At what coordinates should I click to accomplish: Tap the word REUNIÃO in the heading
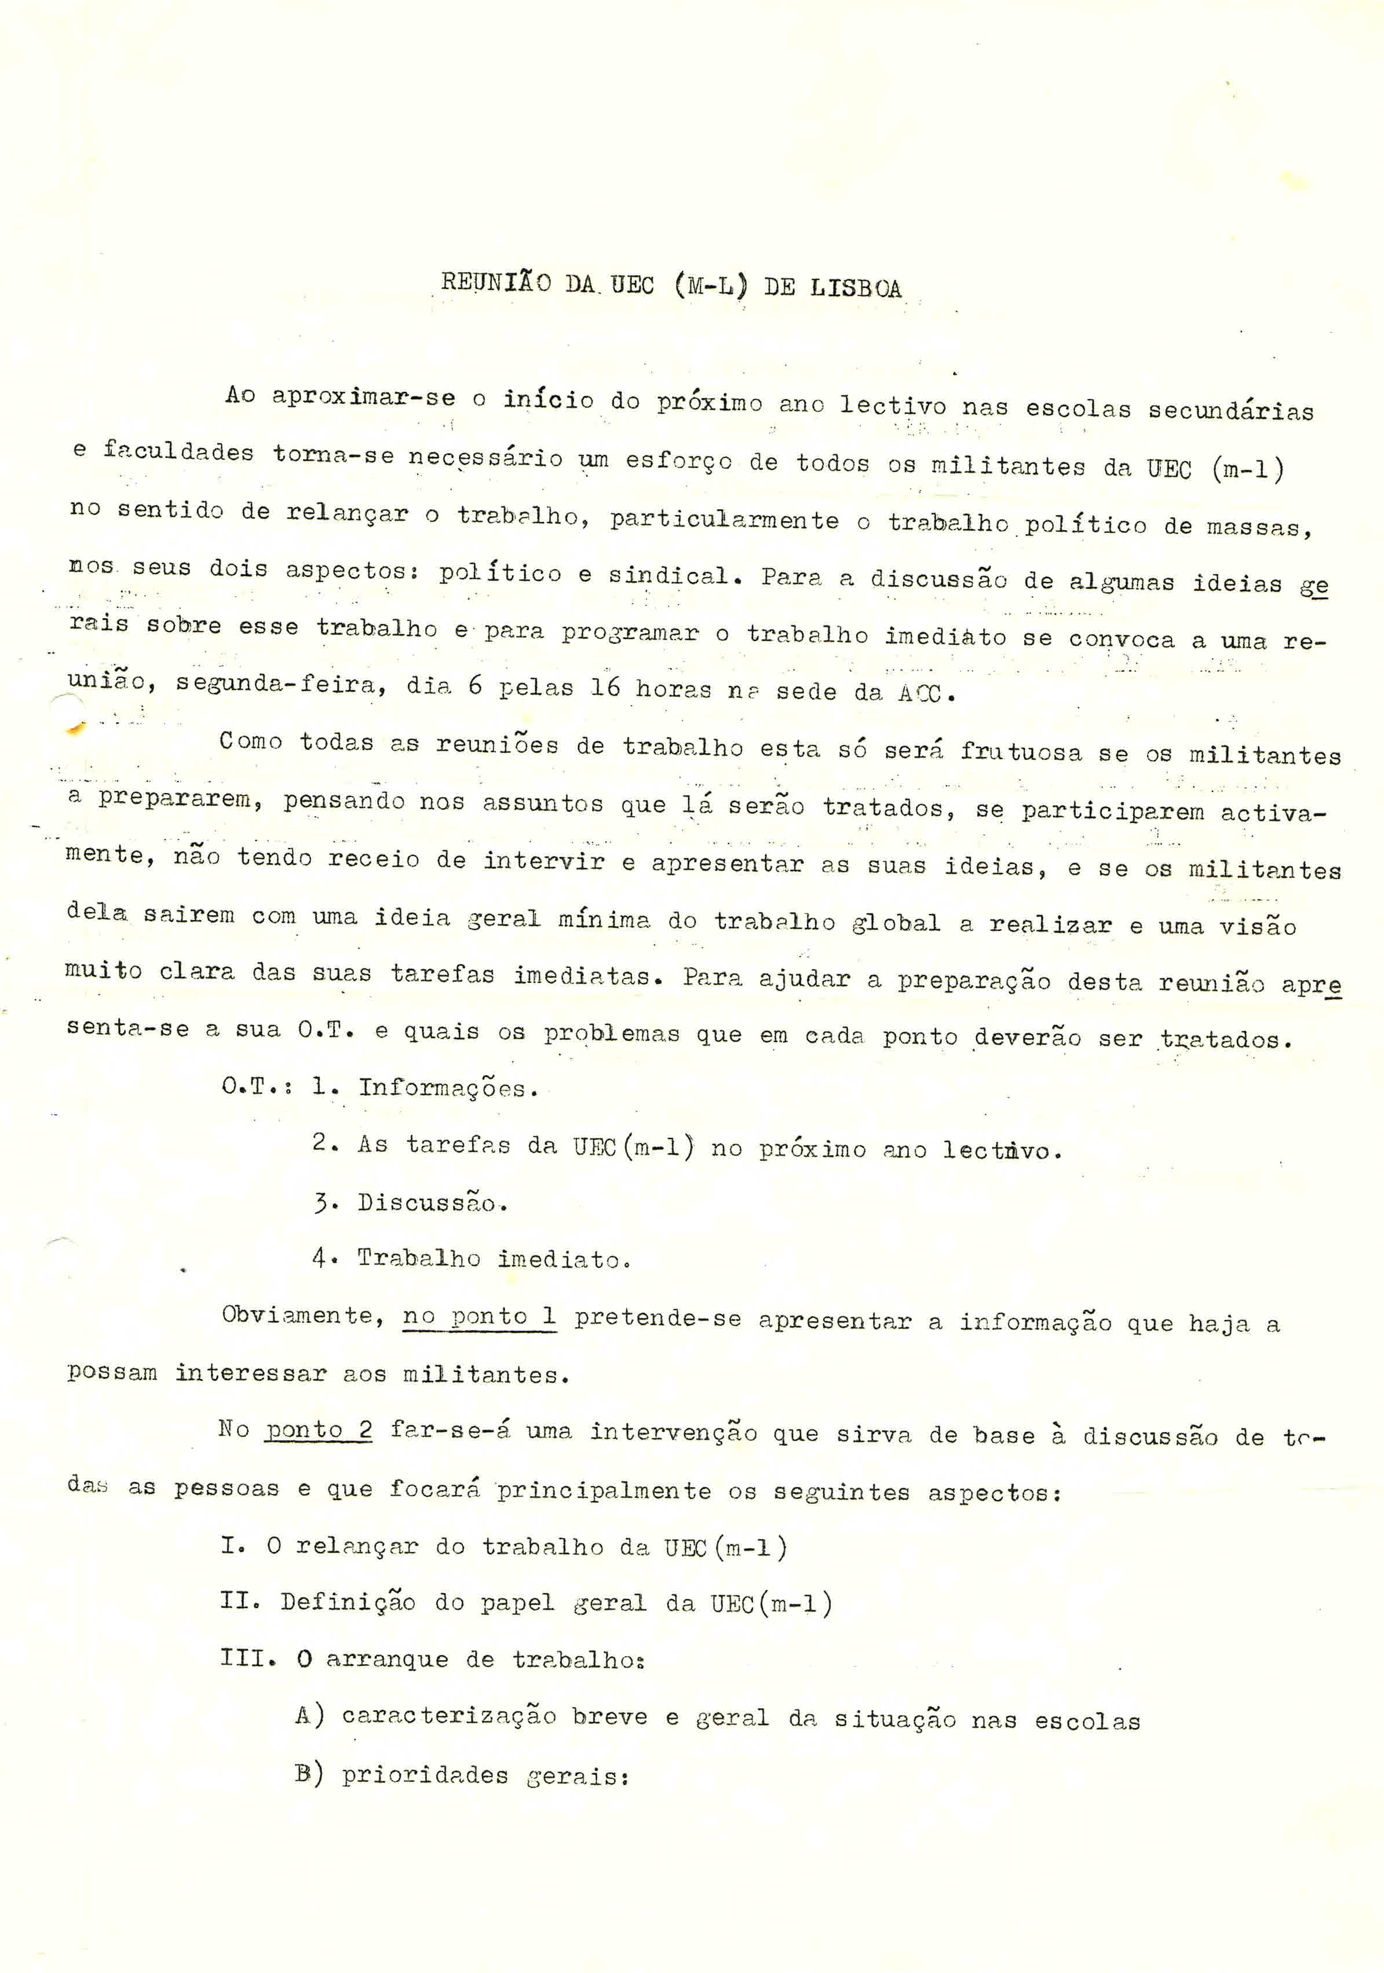tap(495, 283)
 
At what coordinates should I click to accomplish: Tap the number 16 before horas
tap(604, 688)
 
